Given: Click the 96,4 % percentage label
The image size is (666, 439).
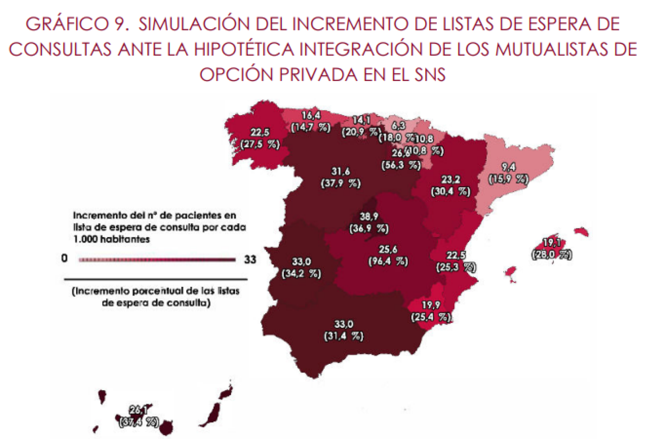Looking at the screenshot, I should [x=388, y=261].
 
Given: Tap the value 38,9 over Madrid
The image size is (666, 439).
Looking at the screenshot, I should [x=369, y=216].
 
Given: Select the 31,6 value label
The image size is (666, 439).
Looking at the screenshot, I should [x=341, y=171].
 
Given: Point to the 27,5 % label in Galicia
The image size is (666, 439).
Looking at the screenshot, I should [x=260, y=144].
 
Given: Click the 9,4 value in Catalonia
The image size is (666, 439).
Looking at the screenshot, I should [x=508, y=167].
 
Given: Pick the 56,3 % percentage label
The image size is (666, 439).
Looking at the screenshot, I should [x=401, y=165].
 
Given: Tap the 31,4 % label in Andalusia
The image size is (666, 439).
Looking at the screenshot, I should [x=344, y=336].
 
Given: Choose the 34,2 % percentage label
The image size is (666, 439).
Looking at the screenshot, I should [x=301, y=274].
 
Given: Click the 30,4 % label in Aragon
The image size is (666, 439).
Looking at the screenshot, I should [x=451, y=191].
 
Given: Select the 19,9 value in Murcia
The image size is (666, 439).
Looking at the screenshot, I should [x=431, y=305].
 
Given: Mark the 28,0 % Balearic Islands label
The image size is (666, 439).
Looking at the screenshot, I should [x=552, y=255].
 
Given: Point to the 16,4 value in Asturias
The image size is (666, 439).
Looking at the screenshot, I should [x=311, y=115].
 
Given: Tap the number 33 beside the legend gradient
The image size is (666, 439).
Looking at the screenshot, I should [x=250, y=259].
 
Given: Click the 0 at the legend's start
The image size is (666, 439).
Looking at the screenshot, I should [x=64, y=258].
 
